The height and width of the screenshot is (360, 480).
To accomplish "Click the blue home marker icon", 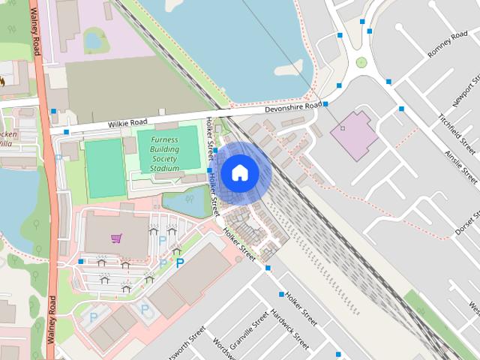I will (239, 173).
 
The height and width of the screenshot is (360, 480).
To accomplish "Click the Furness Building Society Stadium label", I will (164, 154).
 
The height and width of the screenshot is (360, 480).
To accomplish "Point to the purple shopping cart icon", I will (116, 238).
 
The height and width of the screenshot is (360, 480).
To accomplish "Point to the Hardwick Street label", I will (289, 331).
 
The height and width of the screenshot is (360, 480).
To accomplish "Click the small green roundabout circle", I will (361, 62).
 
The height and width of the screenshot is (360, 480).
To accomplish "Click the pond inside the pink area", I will (94, 39).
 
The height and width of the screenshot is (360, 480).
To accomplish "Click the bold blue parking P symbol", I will (179, 262).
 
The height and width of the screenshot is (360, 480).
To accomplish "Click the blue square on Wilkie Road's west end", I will (66, 133).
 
